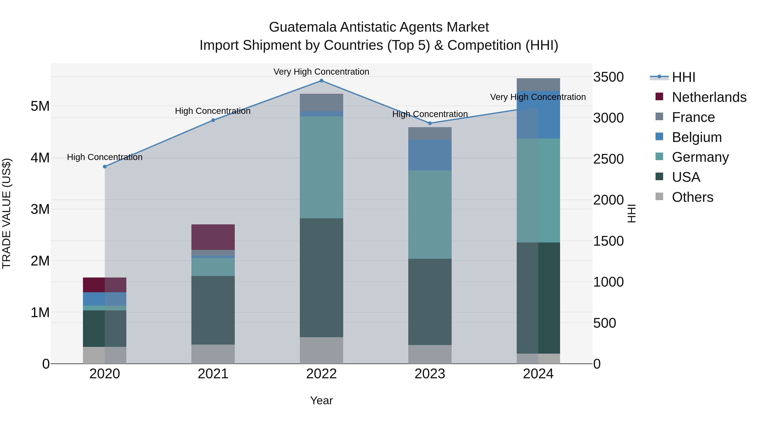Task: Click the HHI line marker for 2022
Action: pyautogui.click(x=321, y=81)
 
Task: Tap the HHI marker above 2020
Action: pyautogui.click(x=105, y=167)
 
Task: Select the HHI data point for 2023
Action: pyautogui.click(x=430, y=123)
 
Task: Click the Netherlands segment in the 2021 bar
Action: pyautogui.click(x=213, y=237)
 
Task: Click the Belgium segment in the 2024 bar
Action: pyautogui.click(x=538, y=115)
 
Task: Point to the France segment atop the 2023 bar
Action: pyautogui.click(x=430, y=133)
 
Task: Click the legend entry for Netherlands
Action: pyautogui.click(x=709, y=97)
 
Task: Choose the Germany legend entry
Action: pyautogui.click(x=700, y=157)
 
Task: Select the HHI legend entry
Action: pyautogui.click(x=683, y=77)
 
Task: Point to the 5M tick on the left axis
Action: pyautogui.click(x=40, y=106)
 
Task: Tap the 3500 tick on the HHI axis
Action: pyautogui.click(x=608, y=77)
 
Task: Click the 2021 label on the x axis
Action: pyautogui.click(x=213, y=374)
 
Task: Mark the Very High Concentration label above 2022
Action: pyautogui.click(x=321, y=72)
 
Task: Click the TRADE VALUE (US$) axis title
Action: pyautogui.click(x=7, y=213)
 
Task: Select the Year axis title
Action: pyautogui.click(x=321, y=400)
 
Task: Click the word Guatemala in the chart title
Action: pyautogui.click(x=303, y=27)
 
